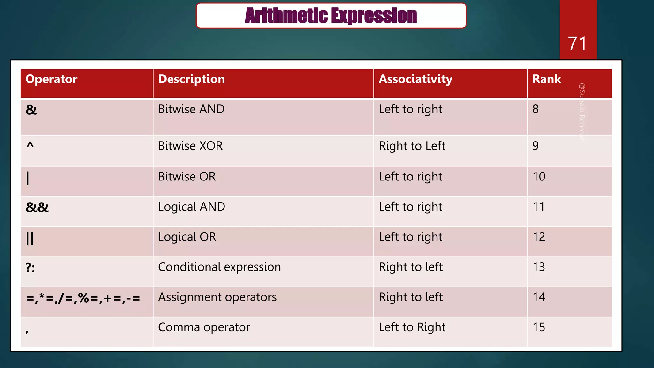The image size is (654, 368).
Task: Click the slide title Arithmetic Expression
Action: [331, 16]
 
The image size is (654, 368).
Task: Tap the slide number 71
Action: [577, 44]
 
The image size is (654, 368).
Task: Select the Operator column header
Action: [51, 79]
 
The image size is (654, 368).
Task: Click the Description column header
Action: [192, 79]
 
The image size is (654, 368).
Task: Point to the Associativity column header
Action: [415, 79]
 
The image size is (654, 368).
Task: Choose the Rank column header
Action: [546, 79]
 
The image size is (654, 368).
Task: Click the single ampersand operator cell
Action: [31, 110]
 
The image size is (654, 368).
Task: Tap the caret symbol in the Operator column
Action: [30, 146]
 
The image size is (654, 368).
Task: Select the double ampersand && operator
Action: [37, 208]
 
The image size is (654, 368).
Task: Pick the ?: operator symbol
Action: [30, 268]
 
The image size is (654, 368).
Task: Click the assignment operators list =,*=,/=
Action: [83, 298]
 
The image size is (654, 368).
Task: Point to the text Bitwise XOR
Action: [190, 146]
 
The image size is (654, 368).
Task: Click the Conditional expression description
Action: [219, 267]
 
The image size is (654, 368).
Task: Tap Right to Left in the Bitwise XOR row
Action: [412, 146]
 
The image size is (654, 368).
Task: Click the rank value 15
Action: [539, 327]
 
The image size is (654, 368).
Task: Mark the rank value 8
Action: [536, 109]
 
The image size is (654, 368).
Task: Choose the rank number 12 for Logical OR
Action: [539, 237]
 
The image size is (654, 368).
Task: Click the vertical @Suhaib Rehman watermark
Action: [582, 112]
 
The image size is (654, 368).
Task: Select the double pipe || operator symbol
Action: [30, 238]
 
